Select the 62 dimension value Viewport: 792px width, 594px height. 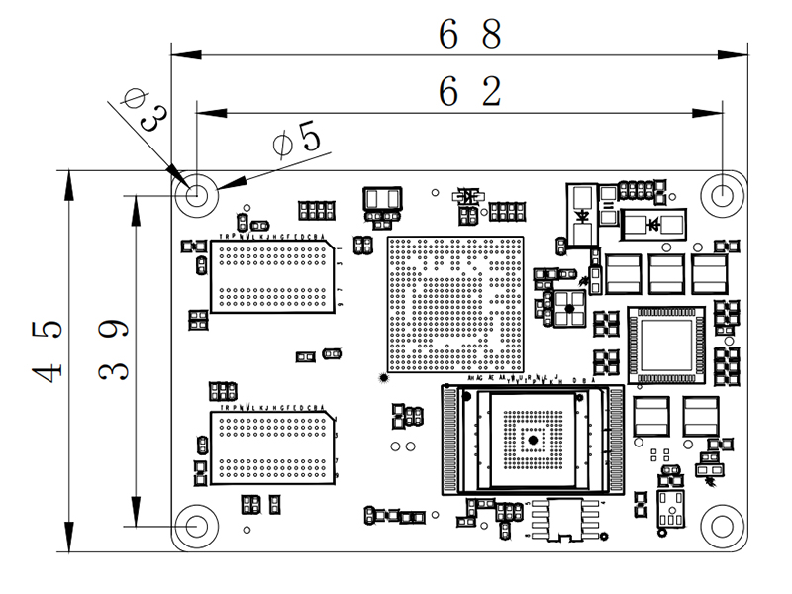pos(471,92)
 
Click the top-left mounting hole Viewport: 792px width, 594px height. pos(196,194)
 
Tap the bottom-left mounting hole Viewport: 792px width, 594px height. pos(196,525)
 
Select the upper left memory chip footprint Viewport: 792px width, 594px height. pos(270,276)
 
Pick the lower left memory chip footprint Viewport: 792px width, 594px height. pos(270,448)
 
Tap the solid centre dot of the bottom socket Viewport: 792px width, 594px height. pos(532,439)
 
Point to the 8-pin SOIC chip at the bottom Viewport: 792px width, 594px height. pos(565,518)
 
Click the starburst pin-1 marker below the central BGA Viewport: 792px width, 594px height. pos(384,378)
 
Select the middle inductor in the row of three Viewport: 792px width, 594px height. pos(666,274)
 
